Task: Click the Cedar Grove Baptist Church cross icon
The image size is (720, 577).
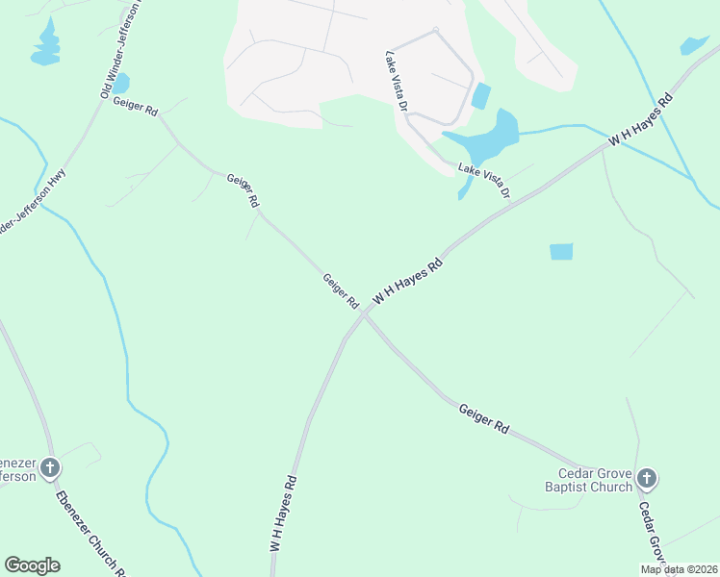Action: pos(647,478)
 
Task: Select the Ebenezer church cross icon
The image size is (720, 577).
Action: pos(50,468)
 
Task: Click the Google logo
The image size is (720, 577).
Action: pos(32,564)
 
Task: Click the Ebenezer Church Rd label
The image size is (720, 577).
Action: pos(90,534)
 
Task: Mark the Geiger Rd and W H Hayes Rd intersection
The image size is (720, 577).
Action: pos(364,312)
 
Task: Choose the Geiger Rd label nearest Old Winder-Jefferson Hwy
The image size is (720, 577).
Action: pos(136,107)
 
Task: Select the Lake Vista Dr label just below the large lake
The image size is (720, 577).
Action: pos(483,181)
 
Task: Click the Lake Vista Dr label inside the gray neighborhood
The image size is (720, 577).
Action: pos(397,80)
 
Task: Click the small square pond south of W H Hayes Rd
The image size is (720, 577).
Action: pos(561,252)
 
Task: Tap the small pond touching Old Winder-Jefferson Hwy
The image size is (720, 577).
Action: pos(120,84)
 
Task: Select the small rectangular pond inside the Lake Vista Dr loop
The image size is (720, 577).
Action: pos(480,96)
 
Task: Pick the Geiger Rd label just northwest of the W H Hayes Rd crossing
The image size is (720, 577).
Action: pos(341,291)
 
